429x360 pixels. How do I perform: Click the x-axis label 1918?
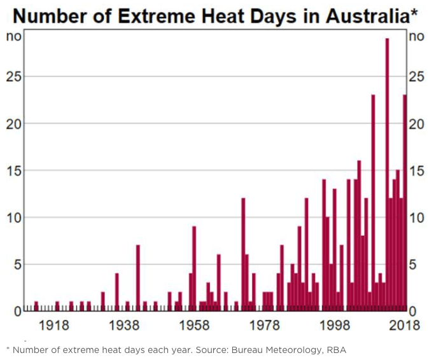pos(54,326)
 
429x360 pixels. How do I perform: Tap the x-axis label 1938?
pos(125,326)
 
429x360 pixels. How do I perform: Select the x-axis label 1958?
pos(195,326)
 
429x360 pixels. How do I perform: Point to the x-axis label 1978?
pos(265,326)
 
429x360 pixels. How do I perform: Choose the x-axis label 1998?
pos(335,326)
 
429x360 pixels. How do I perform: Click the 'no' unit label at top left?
pos(14,36)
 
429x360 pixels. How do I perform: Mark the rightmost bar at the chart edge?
pos(405,204)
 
